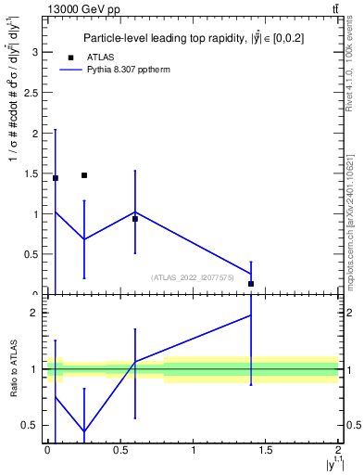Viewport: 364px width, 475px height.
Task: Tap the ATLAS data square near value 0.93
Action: tap(135, 219)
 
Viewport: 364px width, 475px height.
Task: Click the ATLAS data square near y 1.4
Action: tap(251, 284)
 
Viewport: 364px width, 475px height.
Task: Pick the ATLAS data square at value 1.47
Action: tap(84, 175)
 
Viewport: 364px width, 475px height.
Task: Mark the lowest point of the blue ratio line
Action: tap(84, 431)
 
